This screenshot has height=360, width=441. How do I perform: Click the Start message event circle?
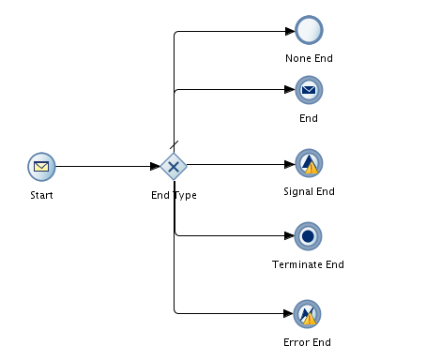point(41,167)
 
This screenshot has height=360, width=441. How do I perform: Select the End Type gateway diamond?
point(174,167)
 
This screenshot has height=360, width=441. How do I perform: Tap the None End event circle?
point(309,30)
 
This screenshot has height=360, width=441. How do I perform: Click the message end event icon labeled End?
point(309,90)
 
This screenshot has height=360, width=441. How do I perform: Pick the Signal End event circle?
point(309,163)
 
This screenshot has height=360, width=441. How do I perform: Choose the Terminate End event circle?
point(308,235)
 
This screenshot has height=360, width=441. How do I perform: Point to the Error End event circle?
point(308,313)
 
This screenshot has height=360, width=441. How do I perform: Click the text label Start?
point(41,195)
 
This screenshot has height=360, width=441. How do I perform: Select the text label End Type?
point(174,195)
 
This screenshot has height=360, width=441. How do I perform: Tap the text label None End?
point(309,58)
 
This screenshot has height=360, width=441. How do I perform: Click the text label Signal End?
point(309,191)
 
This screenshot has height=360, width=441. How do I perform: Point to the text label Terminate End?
point(308,264)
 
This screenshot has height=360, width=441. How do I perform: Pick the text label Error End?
point(308,342)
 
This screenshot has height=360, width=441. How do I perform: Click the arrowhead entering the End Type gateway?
point(155,167)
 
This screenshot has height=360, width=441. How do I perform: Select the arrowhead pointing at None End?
point(289,31)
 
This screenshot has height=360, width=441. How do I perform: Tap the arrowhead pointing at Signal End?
point(289,164)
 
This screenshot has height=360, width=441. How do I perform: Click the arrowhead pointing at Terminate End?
point(289,236)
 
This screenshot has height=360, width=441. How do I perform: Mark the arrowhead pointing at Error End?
point(289,313)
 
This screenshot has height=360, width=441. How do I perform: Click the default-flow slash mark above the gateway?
point(174,144)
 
